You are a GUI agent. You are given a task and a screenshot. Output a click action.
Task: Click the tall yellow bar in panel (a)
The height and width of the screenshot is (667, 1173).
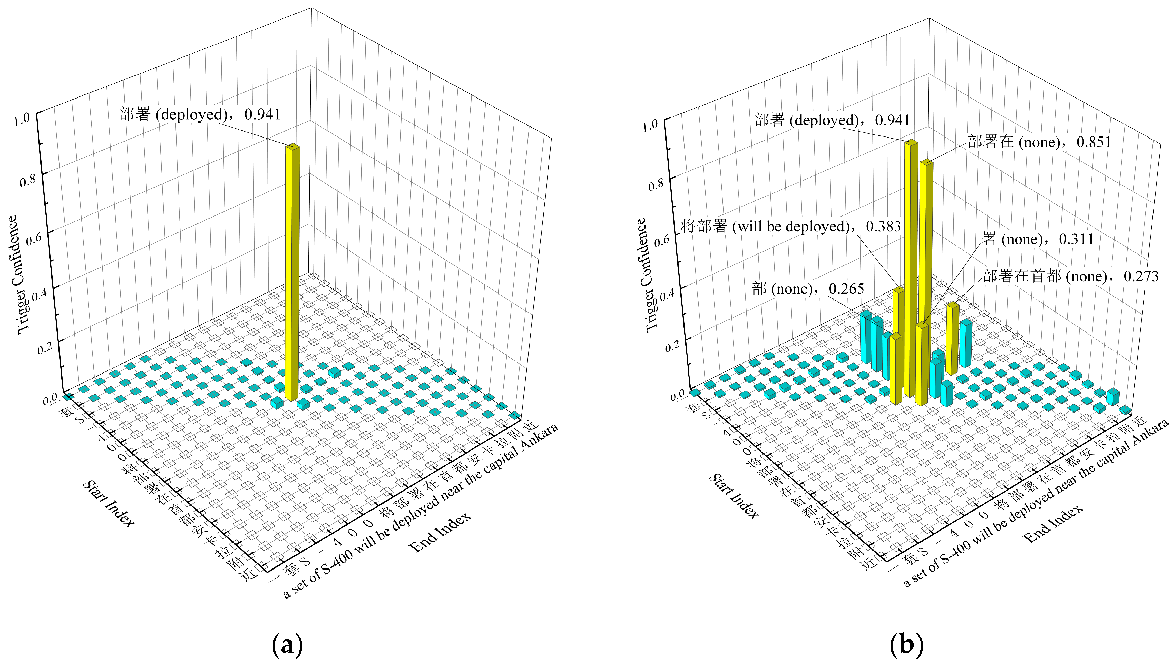tap(292, 275)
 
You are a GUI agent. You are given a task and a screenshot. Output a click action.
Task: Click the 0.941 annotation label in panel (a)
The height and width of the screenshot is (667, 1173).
tap(200, 114)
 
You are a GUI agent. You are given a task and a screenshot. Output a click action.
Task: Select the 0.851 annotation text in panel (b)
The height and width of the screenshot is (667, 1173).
tap(1039, 142)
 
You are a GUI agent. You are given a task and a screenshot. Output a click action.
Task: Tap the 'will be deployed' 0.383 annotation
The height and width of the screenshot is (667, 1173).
tap(790, 226)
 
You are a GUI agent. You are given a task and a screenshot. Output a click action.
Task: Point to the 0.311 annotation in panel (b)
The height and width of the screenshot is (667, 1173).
tap(1038, 239)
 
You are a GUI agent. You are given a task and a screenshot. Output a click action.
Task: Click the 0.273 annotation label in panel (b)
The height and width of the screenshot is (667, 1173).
tap(1070, 276)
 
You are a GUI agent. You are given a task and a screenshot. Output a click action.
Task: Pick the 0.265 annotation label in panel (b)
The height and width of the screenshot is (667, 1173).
tap(808, 289)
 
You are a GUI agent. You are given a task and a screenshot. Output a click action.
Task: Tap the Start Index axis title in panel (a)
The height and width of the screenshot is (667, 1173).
tap(109, 504)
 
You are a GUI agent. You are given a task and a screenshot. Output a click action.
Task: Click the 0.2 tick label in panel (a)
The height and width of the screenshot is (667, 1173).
tap(45, 348)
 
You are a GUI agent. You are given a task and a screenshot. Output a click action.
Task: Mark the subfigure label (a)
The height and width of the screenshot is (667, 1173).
tap(287, 645)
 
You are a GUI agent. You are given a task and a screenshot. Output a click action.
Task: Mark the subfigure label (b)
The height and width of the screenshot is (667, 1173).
tap(906, 645)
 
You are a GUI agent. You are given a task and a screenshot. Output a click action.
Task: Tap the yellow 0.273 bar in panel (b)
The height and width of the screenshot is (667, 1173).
tap(952, 339)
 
